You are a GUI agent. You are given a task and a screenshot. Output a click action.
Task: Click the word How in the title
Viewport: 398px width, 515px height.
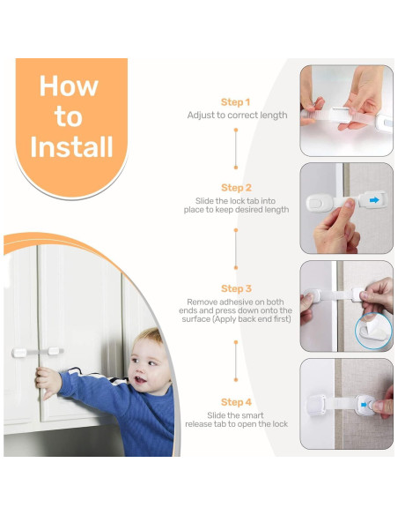tap(69, 86)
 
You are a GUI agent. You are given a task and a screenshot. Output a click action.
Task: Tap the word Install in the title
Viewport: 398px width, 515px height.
tap(72, 146)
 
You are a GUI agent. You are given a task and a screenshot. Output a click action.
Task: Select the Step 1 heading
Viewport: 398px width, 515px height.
tap(236, 102)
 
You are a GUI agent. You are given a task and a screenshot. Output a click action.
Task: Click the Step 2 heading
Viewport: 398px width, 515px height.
tap(236, 188)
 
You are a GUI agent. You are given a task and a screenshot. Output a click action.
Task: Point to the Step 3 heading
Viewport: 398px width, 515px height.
tap(236, 288)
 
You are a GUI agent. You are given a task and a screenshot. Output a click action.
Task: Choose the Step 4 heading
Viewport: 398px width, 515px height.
tap(236, 402)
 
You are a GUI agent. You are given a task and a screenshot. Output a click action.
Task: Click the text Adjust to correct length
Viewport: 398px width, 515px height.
tap(237, 116)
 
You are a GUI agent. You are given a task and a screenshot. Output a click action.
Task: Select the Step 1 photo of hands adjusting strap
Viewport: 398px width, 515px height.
tap(346, 111)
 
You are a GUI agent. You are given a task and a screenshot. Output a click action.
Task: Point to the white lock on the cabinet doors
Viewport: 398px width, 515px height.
tap(37, 352)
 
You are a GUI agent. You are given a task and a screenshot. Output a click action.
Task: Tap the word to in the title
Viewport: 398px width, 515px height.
tap(68, 116)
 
